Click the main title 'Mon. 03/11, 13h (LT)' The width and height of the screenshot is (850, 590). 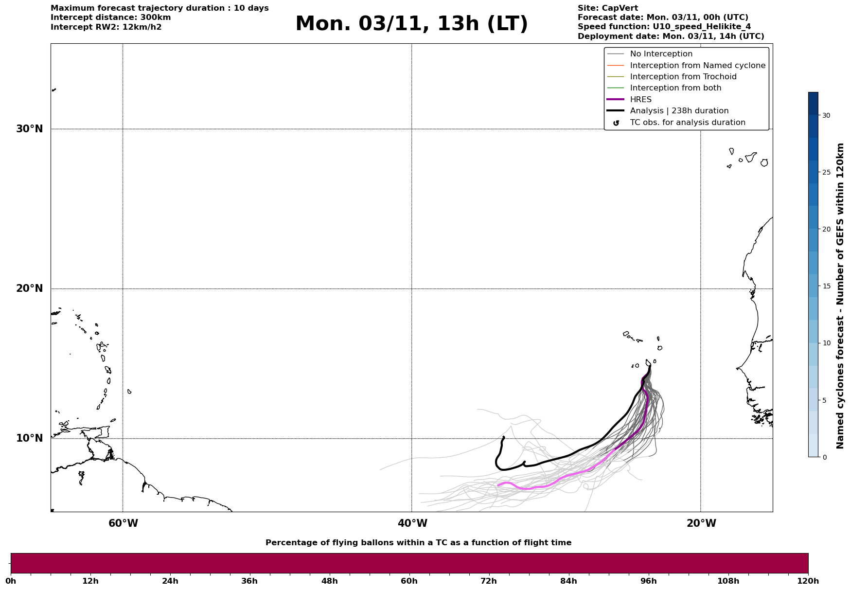point(411,24)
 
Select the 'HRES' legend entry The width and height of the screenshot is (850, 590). point(640,100)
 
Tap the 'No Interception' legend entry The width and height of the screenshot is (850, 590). point(661,54)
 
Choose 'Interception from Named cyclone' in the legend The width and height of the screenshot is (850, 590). point(697,66)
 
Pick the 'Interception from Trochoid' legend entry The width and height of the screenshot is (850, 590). point(683,77)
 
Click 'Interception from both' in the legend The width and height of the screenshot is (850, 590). point(675,88)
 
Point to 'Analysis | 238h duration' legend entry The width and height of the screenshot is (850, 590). point(679,111)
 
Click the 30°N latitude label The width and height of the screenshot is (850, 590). point(30,129)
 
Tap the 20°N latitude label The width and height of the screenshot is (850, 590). point(30,288)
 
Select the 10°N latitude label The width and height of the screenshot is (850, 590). point(30,438)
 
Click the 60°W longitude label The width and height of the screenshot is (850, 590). point(123,523)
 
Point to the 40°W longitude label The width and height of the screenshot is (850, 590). point(412,523)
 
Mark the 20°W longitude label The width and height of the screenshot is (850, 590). point(701,523)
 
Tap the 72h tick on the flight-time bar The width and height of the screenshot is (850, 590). point(489,581)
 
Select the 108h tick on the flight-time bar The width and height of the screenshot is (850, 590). point(728,581)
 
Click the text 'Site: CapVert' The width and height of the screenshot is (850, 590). point(608,8)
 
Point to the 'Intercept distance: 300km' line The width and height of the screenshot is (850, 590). point(111,18)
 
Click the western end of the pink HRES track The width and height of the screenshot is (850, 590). point(498,485)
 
